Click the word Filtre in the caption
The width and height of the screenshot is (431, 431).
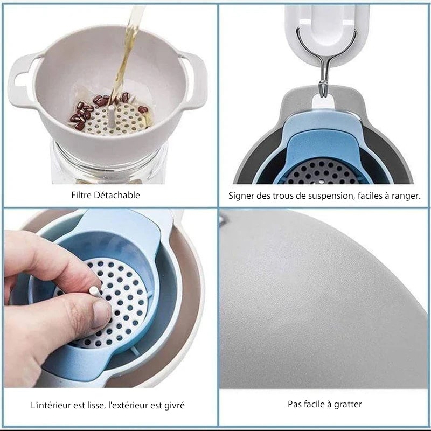(x=81, y=195)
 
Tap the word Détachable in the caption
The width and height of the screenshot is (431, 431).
(x=117, y=195)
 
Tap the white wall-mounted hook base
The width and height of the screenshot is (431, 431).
(x=326, y=33)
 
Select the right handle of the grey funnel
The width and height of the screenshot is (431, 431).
(x=196, y=80)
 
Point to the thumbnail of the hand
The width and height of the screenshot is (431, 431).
(x=101, y=314)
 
